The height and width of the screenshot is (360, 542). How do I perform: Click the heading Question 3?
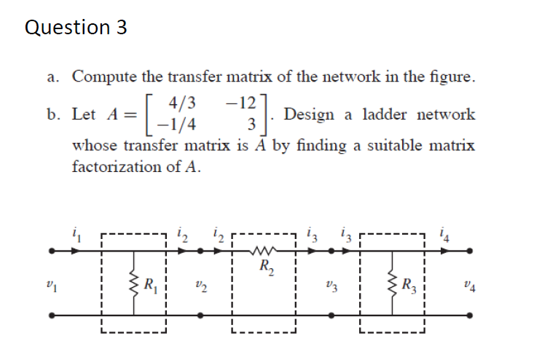(76, 28)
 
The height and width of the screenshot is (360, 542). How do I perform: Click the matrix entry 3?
(251, 125)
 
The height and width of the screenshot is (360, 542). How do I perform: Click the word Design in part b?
(310, 114)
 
